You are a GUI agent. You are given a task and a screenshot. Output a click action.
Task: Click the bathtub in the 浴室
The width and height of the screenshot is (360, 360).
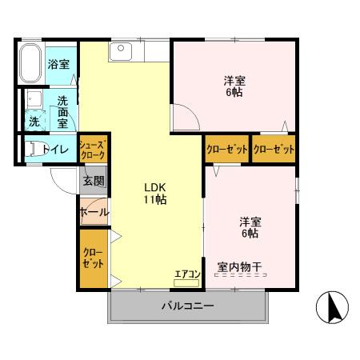[x=30, y=63]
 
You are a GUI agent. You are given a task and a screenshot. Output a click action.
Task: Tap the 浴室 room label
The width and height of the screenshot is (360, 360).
[x=58, y=64]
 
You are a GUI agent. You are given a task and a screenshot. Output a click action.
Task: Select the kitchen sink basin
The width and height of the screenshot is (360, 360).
[x=121, y=51]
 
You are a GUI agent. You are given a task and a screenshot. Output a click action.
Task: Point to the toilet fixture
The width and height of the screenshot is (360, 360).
[x=35, y=149]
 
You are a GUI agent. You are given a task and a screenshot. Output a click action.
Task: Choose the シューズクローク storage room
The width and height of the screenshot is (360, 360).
[x=94, y=149]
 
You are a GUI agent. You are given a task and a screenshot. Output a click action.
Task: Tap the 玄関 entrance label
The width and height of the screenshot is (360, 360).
[x=94, y=181]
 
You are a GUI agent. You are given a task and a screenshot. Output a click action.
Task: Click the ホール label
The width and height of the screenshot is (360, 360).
[x=94, y=213]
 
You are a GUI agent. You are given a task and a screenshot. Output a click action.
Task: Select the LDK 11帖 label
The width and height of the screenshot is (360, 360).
[x=155, y=194]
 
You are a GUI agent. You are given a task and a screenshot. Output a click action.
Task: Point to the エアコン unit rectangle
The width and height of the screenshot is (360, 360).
[x=186, y=283]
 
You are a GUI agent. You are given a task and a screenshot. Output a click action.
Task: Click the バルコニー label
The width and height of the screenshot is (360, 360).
[x=188, y=306]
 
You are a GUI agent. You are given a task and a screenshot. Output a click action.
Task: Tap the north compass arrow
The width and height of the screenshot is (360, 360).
[x=334, y=307]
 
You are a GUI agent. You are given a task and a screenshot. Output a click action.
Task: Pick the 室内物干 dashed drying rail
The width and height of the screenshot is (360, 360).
[x=241, y=275]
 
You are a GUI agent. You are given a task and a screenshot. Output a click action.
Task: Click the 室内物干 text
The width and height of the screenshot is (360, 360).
[x=239, y=266]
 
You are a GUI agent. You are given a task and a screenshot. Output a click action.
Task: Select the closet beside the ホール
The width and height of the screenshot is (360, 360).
[x=94, y=258]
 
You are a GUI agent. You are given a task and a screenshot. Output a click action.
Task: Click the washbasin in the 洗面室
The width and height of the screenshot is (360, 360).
[x=34, y=98]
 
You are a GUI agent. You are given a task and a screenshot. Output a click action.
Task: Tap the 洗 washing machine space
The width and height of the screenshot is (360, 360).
[x=34, y=121]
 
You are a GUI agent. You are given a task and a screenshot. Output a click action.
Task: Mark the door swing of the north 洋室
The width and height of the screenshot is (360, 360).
[x=186, y=117]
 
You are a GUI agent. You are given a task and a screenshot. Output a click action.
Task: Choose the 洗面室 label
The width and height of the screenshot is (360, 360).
[x=63, y=113]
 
